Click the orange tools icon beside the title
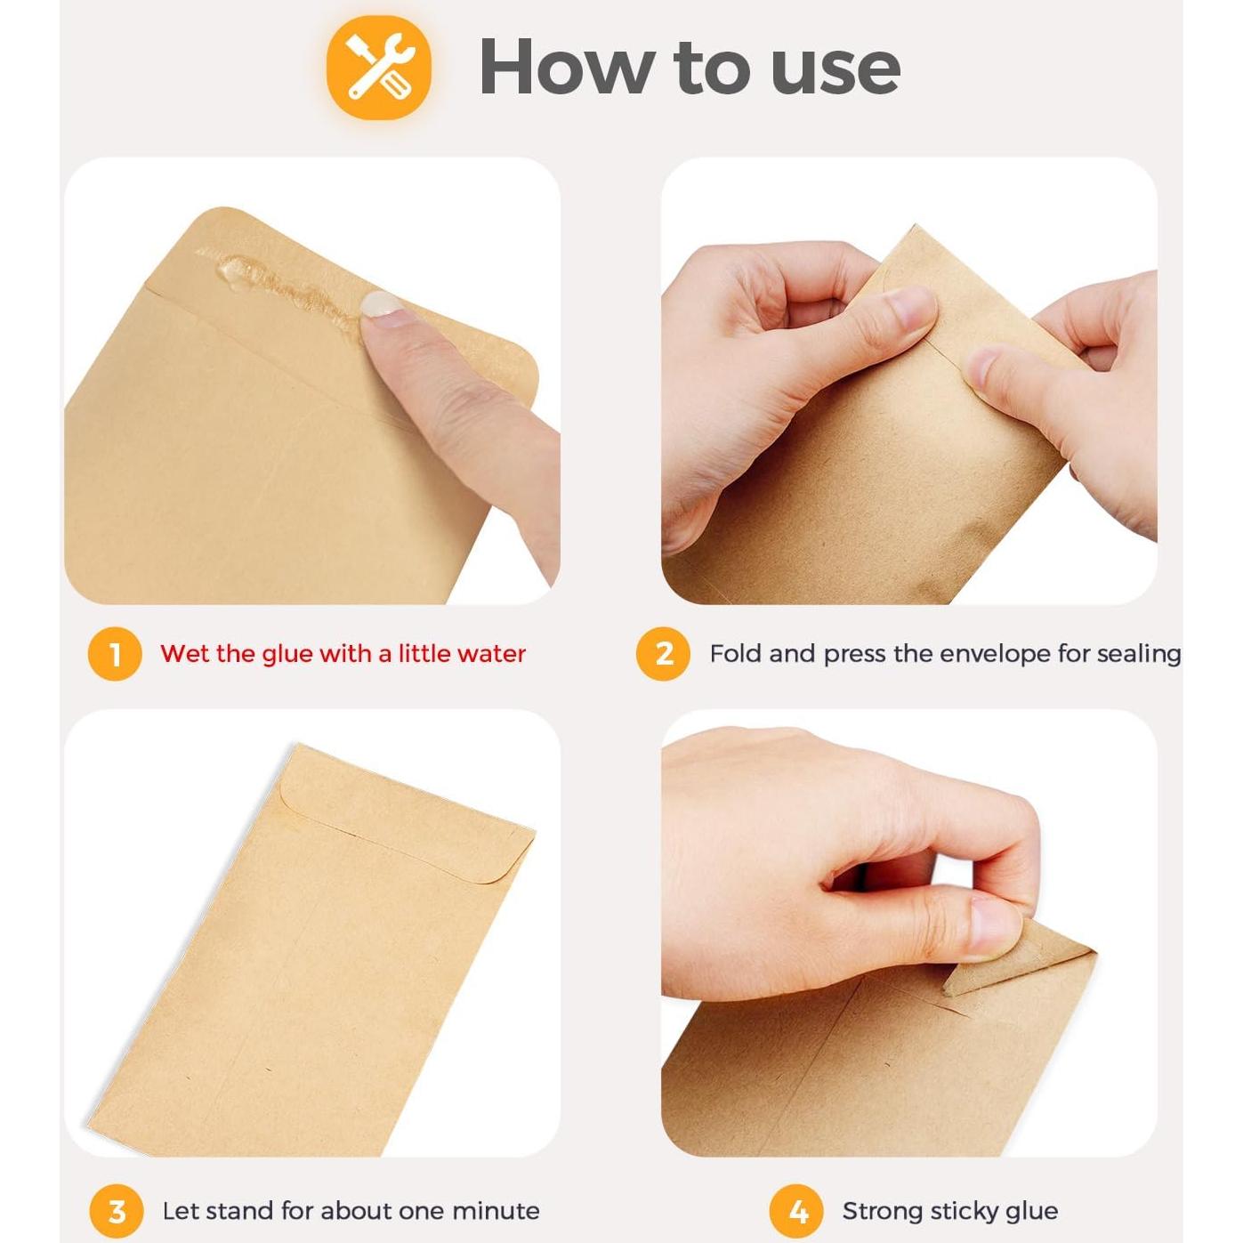coord(378,69)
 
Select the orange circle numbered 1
coord(115,654)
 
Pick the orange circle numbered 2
coord(663,654)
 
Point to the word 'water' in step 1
coord(492,654)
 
